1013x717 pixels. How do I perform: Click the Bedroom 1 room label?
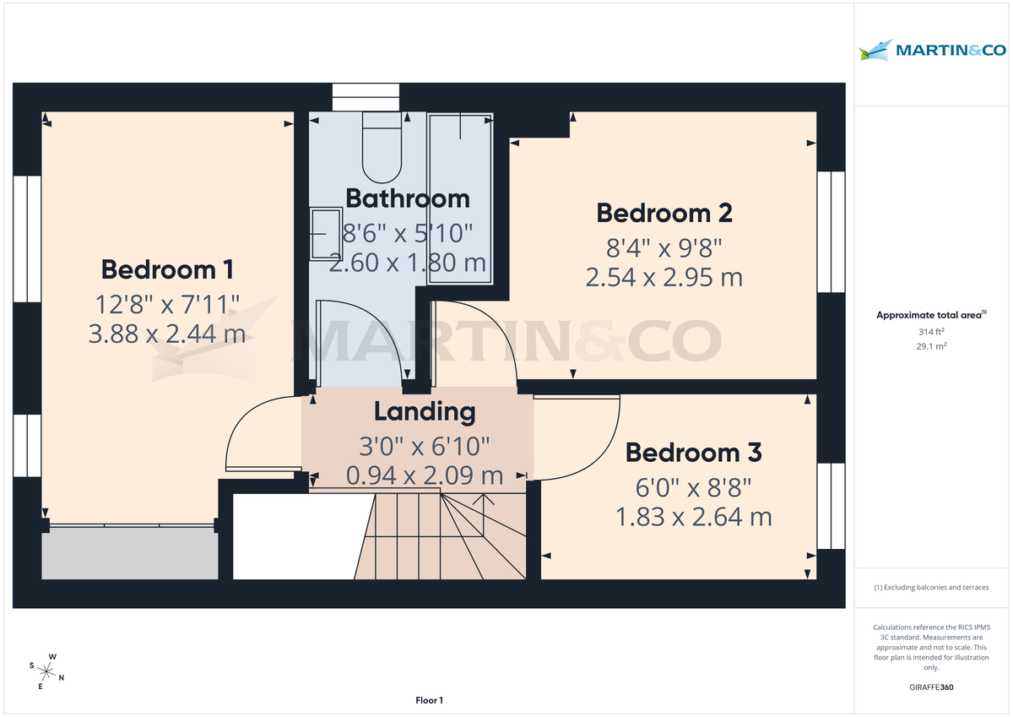pyautogui.click(x=166, y=269)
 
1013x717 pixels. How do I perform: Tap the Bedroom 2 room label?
pyautogui.click(x=664, y=213)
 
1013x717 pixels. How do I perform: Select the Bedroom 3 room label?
pyautogui.click(x=693, y=453)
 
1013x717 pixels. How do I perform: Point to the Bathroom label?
pyautogui.click(x=408, y=198)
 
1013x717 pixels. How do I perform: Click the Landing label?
pyautogui.click(x=425, y=412)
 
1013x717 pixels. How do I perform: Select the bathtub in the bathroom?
pyautogui.click(x=459, y=198)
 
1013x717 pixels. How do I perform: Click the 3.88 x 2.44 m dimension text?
pyautogui.click(x=166, y=334)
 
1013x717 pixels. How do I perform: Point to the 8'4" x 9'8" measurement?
pyautogui.click(x=664, y=247)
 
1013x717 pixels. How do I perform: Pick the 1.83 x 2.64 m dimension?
pyautogui.click(x=693, y=516)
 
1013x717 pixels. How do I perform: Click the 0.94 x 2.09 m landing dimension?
pyautogui.click(x=425, y=475)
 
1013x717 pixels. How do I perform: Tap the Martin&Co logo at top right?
pyautogui.click(x=933, y=51)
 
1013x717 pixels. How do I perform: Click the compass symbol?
pyautogui.click(x=47, y=672)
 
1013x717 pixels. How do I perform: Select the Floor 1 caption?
pyautogui.click(x=429, y=700)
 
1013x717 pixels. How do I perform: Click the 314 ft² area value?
pyautogui.click(x=933, y=332)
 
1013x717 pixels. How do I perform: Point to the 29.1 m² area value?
pyautogui.click(x=933, y=346)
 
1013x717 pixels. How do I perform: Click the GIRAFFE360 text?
pyautogui.click(x=933, y=687)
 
